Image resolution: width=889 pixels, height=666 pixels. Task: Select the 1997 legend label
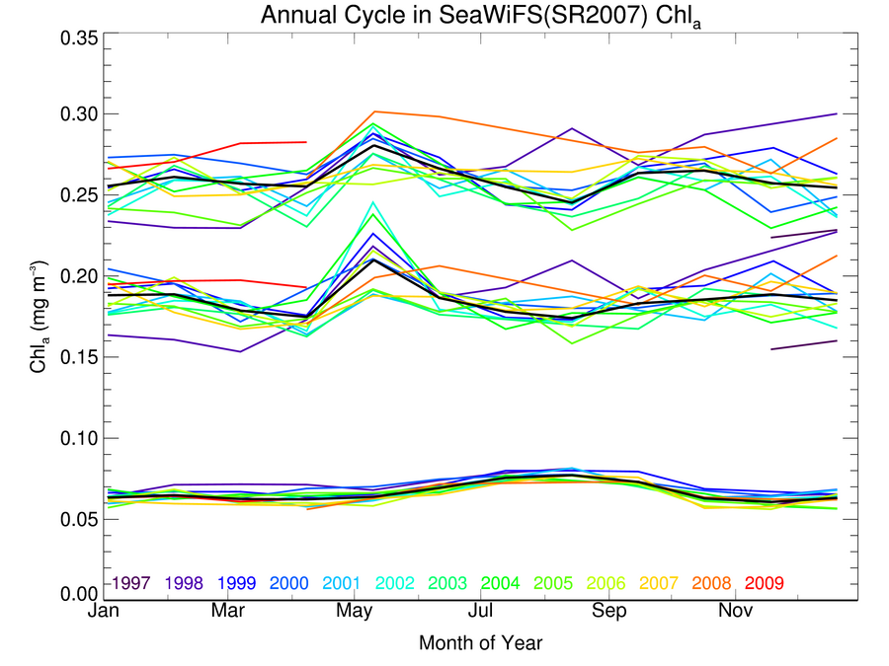click(131, 583)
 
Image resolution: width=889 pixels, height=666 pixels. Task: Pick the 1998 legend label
click(186, 583)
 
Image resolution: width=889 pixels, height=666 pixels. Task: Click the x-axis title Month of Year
click(480, 643)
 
